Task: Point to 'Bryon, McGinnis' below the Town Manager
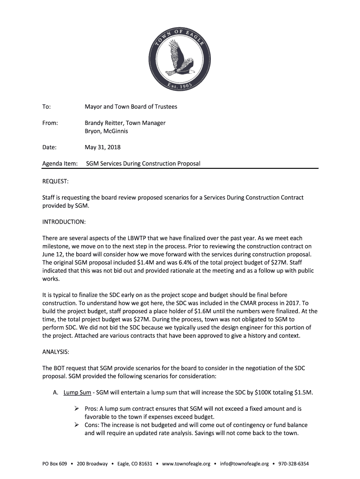[106, 131]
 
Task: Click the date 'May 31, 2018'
[102, 147]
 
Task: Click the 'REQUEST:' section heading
[55, 181]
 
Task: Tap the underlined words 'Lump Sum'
[78, 392]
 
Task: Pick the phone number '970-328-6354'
[293, 464]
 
